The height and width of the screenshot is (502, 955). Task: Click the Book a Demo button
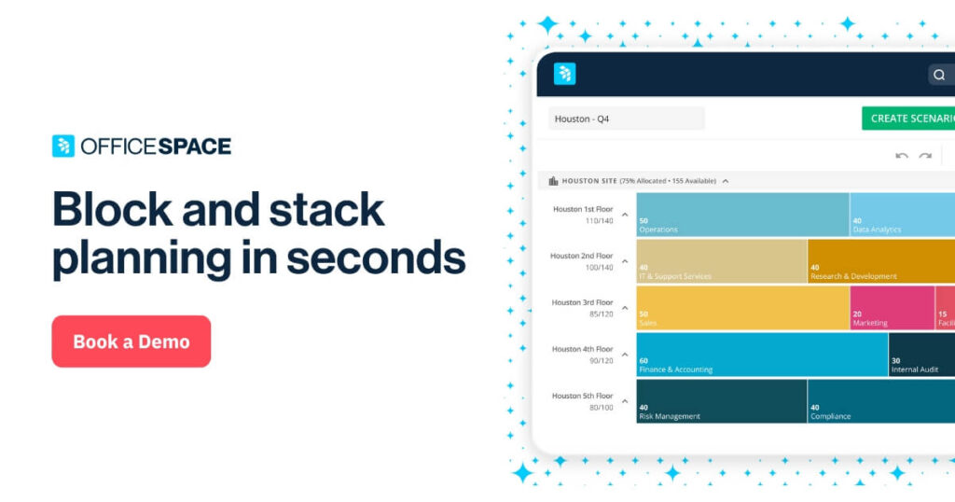[131, 342]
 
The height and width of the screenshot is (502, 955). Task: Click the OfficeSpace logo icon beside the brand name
[62, 146]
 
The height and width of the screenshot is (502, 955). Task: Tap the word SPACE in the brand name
[193, 146]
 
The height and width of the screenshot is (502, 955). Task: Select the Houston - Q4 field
[626, 119]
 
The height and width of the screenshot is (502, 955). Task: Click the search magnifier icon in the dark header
[939, 75]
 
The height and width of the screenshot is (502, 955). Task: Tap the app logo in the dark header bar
[564, 75]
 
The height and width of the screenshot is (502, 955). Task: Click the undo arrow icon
[901, 156]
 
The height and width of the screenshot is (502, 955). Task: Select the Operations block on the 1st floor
[742, 215]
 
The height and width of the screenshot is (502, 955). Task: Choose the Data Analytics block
[901, 215]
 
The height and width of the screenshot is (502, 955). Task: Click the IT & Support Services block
[721, 261]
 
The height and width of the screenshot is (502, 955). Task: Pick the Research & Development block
[880, 261]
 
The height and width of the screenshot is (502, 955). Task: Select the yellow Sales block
[742, 308]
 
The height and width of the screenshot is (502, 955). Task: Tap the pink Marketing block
[892, 308]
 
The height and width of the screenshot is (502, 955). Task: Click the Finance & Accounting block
[761, 355]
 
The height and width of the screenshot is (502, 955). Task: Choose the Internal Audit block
[920, 355]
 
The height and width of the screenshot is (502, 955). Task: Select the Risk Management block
[721, 401]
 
